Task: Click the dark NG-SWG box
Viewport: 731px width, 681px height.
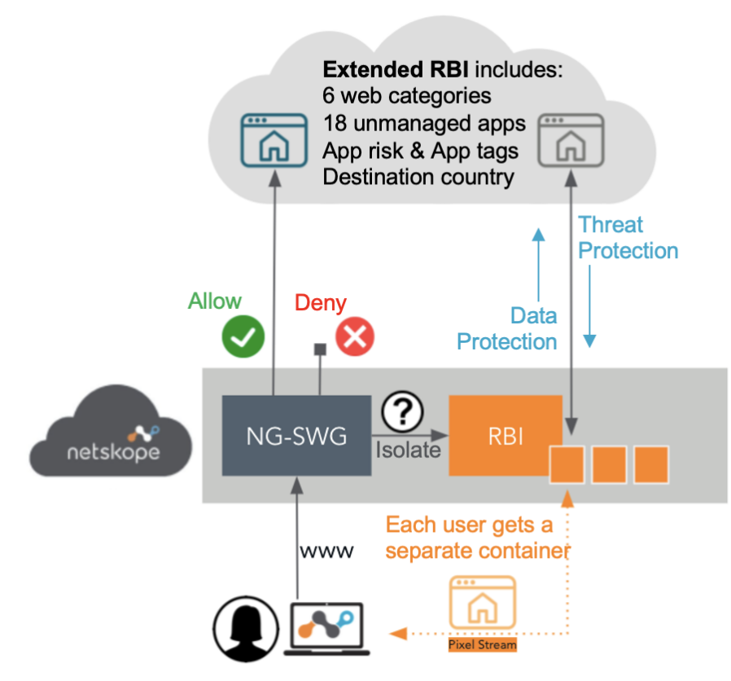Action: pyautogui.click(x=296, y=436)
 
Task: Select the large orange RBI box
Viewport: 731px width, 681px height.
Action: pyautogui.click(x=506, y=436)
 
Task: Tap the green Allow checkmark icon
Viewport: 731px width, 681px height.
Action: pyautogui.click(x=243, y=337)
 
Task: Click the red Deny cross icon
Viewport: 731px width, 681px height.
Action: pyautogui.click(x=355, y=337)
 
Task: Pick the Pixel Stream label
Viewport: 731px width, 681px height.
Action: pyautogui.click(x=482, y=645)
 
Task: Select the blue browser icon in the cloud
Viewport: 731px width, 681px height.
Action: pyautogui.click(x=268, y=141)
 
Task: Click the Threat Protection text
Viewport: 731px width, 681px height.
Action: pyautogui.click(x=628, y=238)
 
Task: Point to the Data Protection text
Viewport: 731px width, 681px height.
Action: pyautogui.click(x=507, y=328)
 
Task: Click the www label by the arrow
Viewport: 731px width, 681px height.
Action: pyautogui.click(x=327, y=551)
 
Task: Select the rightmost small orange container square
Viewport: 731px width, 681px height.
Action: pyautogui.click(x=651, y=464)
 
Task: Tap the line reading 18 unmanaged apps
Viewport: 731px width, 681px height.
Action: pyautogui.click(x=423, y=123)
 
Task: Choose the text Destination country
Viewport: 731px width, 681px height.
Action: pyautogui.click(x=418, y=177)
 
